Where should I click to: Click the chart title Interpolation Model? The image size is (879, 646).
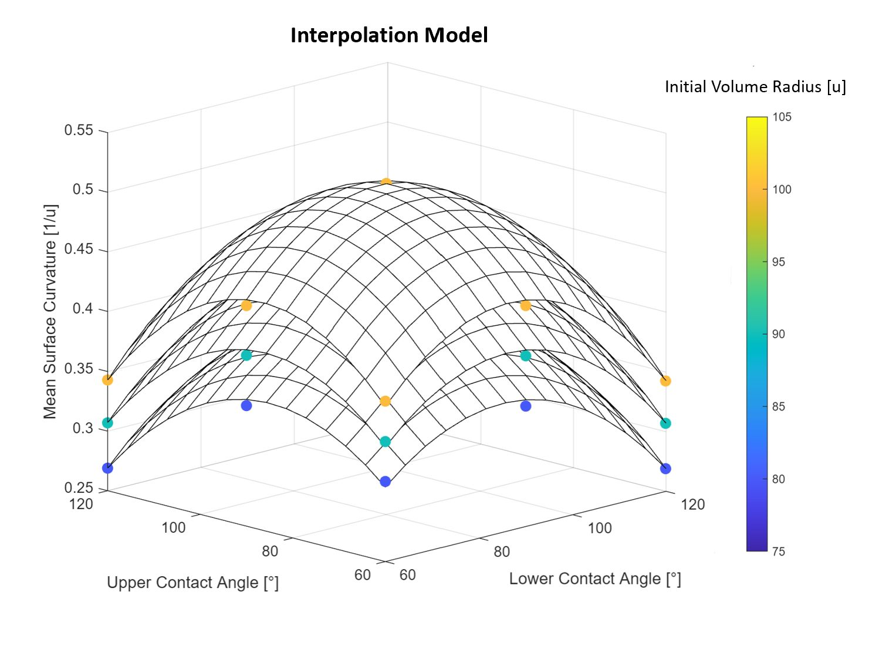point(389,35)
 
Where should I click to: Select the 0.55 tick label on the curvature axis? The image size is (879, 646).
point(79,130)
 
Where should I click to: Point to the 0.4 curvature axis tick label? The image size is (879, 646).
point(82,309)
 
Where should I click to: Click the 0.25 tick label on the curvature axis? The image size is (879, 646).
point(79,488)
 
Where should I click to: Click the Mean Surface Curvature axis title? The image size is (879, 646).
point(50,311)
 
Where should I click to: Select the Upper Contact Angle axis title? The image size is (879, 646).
point(192,583)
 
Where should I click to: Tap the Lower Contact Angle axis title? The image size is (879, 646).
point(594,579)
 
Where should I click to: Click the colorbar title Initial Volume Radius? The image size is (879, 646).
point(755,87)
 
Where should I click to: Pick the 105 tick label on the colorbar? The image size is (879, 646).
point(782,117)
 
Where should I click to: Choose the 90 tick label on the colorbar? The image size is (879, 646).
point(778,334)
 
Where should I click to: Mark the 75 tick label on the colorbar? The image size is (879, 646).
point(778,551)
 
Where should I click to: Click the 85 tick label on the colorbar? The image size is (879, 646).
point(778,406)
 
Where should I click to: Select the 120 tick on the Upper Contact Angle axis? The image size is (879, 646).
point(81,504)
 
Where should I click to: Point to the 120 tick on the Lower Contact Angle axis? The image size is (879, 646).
point(692,504)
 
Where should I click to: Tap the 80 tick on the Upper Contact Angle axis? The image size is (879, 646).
point(270,551)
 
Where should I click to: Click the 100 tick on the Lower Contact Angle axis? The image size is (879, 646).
point(600,528)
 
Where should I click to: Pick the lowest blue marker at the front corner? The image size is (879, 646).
point(385,482)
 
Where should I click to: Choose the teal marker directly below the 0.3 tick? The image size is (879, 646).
point(107,423)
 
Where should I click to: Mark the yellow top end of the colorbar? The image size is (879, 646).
point(756,121)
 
